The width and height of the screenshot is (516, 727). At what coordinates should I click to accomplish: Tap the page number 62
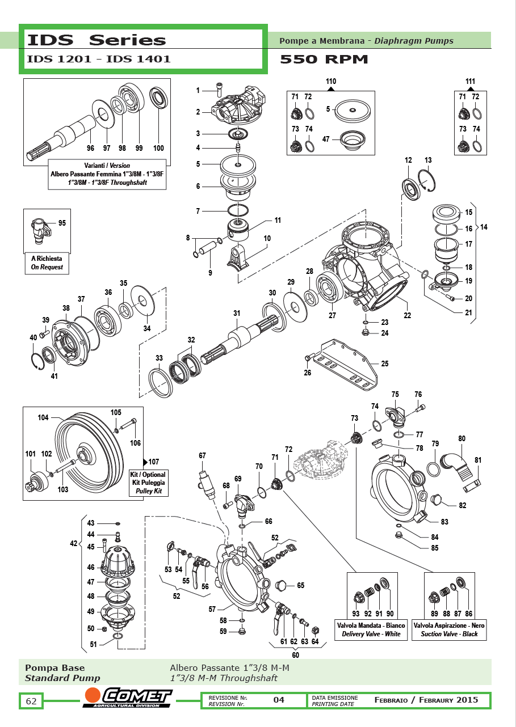point(31,701)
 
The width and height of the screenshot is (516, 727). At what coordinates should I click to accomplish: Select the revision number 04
point(279,700)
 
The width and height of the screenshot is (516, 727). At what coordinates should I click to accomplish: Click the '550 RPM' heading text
point(324,59)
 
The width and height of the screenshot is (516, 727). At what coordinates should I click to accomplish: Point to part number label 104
point(43,417)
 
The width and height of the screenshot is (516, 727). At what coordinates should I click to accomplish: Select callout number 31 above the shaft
point(237,313)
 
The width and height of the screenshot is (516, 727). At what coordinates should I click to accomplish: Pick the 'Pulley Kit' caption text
point(149,491)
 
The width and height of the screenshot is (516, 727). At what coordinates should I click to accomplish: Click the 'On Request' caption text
point(47,267)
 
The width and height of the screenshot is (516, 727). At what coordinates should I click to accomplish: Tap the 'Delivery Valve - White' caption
point(371,634)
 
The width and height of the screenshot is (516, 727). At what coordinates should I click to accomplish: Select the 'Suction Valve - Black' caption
point(449,634)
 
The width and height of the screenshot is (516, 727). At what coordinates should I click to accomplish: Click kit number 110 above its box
point(331,81)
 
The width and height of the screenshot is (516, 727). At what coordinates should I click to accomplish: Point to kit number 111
point(470,81)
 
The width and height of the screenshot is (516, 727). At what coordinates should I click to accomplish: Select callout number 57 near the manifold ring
point(212,609)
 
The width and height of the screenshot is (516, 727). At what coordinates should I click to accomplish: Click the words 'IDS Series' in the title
point(97,40)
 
